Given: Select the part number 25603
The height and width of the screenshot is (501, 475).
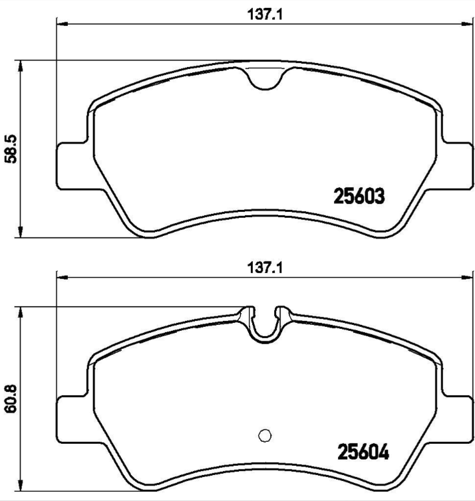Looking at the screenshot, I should (360, 196).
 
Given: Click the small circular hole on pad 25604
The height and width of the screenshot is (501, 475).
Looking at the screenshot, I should (265, 435).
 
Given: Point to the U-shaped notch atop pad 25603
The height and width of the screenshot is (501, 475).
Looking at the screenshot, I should (265, 79).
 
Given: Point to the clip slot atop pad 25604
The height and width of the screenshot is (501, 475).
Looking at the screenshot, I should (265, 323).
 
